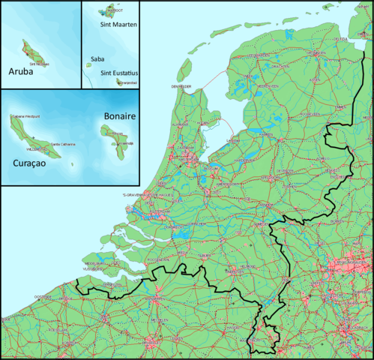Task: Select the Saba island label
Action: [x=97, y=58]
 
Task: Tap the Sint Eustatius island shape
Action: [x=119, y=82]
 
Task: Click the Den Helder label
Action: [x=182, y=87]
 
